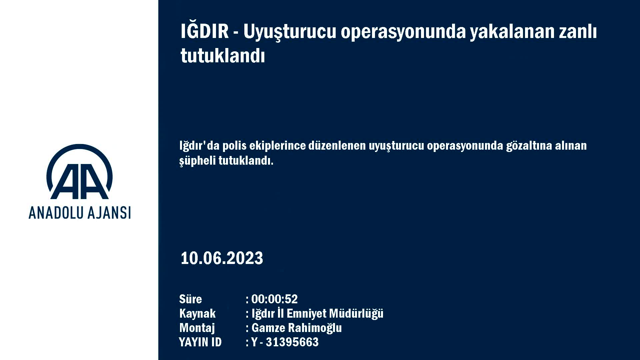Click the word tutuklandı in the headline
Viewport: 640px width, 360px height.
[223, 55]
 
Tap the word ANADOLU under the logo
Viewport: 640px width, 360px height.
[53, 213]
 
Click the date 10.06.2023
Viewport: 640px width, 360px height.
[222, 258]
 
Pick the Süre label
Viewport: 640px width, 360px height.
[190, 299]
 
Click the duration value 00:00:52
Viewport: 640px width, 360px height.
[274, 299]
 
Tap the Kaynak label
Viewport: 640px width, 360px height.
[197, 314]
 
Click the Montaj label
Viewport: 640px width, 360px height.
[197, 328]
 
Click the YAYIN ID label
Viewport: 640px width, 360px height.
[200, 342]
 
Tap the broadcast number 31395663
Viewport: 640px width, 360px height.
[292, 342]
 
